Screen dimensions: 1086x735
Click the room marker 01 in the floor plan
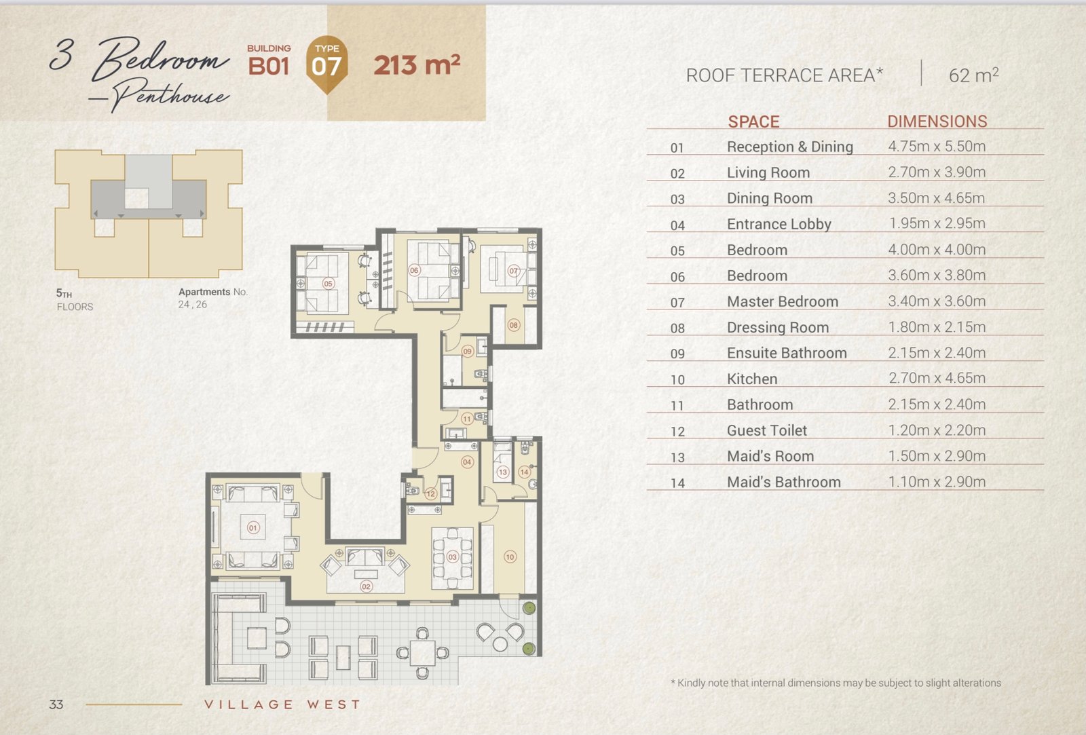pos(253,527)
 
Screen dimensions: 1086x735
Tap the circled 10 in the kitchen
pos(510,557)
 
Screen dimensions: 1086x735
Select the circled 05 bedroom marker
pos(329,284)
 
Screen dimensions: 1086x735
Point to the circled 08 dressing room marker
pos(513,325)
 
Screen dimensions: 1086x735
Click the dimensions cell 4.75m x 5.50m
pos(937,147)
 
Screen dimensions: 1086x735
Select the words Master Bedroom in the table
pos(783,301)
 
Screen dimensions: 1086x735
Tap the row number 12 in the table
pos(677,432)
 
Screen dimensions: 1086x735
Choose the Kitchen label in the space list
pos(752,379)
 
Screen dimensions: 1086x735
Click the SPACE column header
pos(753,121)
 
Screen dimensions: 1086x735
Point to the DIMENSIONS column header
pos(937,121)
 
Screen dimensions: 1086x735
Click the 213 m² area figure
pos(417,65)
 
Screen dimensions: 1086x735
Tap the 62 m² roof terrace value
pos(973,75)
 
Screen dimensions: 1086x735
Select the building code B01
pos(269,67)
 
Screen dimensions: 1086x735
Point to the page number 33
pos(56,704)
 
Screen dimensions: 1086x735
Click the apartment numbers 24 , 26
pos(193,305)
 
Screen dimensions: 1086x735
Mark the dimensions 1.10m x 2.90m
pos(937,482)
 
